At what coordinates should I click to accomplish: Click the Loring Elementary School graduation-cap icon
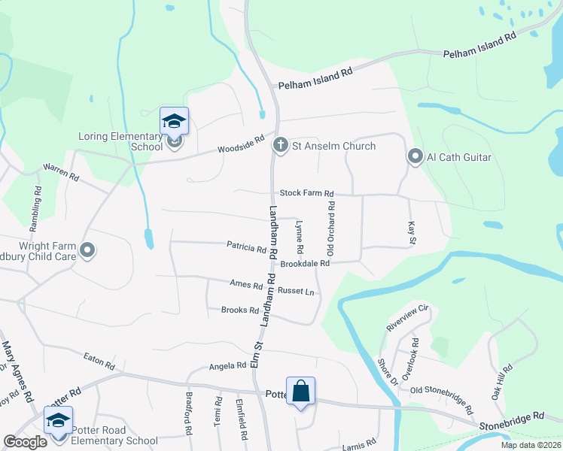pyautogui.click(x=174, y=122)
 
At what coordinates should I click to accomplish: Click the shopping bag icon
pyautogui.click(x=300, y=391)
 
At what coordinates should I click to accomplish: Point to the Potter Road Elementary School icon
pyautogui.click(x=58, y=420)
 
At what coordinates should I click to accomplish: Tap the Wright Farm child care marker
pyautogui.click(x=88, y=250)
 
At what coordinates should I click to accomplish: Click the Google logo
pyautogui.click(x=25, y=442)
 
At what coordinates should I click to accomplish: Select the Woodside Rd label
pyautogui.click(x=242, y=143)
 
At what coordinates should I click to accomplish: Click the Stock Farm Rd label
pyautogui.click(x=306, y=194)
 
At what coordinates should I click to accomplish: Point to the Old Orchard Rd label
pyautogui.click(x=330, y=225)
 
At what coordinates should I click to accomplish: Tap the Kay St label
pyautogui.click(x=412, y=232)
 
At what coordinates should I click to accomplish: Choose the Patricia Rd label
pyautogui.click(x=247, y=246)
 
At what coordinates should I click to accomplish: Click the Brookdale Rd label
pyautogui.click(x=305, y=264)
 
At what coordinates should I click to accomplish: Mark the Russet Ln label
pyautogui.click(x=296, y=291)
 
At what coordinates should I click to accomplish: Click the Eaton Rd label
pyautogui.click(x=99, y=361)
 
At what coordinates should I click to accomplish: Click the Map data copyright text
pyautogui.click(x=530, y=445)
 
